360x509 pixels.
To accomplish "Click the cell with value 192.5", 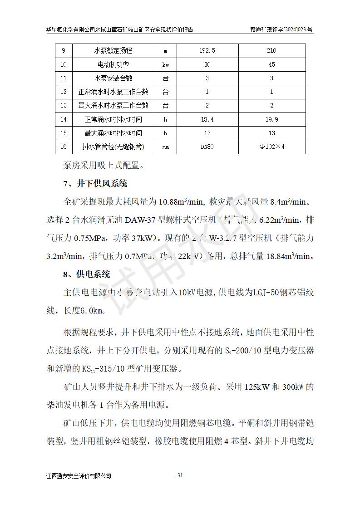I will (207, 51).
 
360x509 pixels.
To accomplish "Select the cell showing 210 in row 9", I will (271, 51).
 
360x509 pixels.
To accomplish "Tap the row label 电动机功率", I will (113, 64).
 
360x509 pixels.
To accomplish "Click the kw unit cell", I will (166, 64).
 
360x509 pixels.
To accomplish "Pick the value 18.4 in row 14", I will (207, 119).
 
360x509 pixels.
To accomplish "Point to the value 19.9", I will (271, 119).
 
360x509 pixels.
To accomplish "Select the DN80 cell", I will (207, 147).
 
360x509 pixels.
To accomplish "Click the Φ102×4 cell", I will (271, 147).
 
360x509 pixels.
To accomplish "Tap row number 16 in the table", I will (64, 147).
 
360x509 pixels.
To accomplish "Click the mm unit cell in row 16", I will (166, 147).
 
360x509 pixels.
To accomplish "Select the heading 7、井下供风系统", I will (95, 184).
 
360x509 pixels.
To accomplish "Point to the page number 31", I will (180, 475).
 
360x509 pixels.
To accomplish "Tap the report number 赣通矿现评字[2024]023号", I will (281, 29).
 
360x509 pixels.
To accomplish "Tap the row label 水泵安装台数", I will (113, 78).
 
